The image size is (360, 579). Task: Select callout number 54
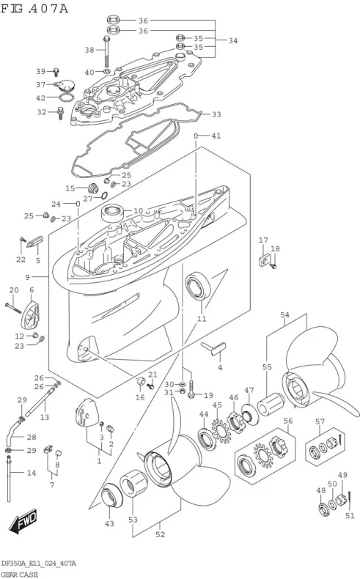(285, 316)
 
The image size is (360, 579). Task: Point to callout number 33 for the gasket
(216, 114)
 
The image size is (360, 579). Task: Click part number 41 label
(216, 136)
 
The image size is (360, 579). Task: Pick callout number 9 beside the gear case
(27, 277)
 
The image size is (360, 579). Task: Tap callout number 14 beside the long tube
(31, 473)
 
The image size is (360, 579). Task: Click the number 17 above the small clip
(262, 240)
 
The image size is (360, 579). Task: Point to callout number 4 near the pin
(218, 367)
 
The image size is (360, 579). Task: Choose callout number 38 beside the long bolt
(90, 50)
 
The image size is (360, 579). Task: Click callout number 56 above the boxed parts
(287, 421)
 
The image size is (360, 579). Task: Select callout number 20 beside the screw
(13, 291)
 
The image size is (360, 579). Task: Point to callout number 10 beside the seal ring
(137, 211)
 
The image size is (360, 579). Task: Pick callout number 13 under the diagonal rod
(45, 417)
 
